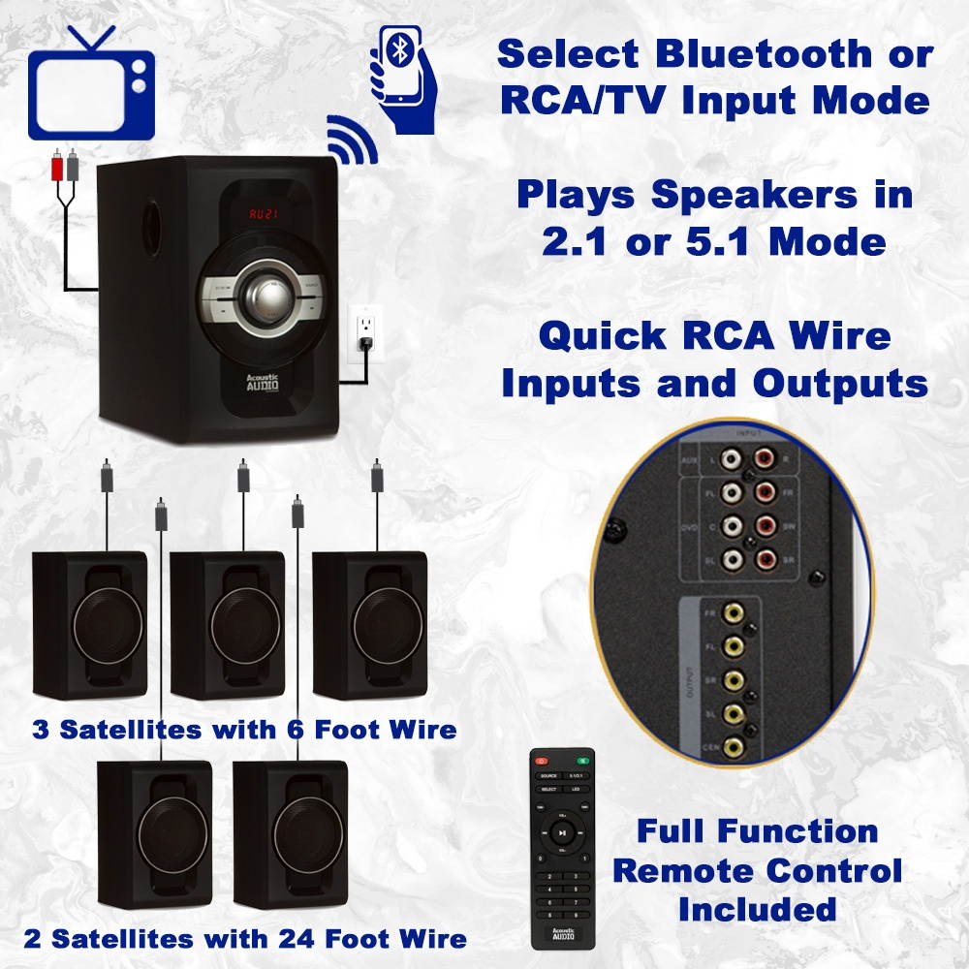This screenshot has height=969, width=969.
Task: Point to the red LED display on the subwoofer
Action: (x=263, y=213)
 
